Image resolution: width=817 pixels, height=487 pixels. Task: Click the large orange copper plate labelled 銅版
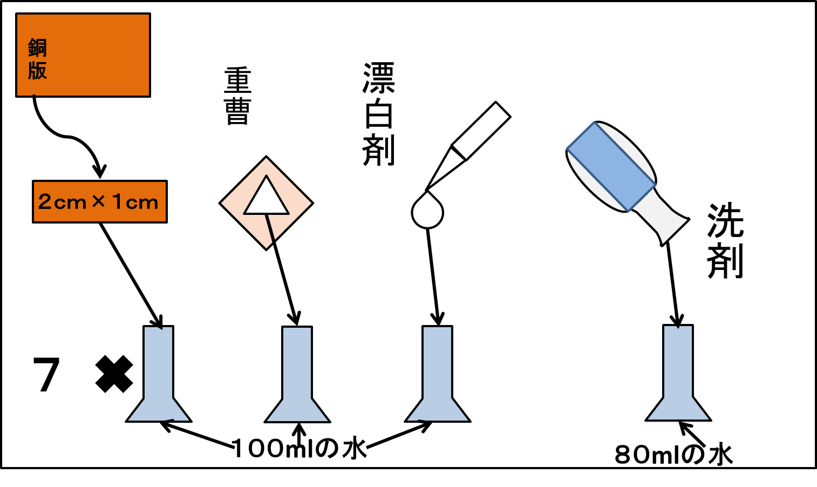pos(83,55)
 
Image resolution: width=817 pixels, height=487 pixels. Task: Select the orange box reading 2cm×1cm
pos(100,202)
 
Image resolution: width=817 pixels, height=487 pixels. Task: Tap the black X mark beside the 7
pos(114,374)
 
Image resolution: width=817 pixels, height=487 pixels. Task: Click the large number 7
pos(46,375)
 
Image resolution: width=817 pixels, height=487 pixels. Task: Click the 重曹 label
pos(238,96)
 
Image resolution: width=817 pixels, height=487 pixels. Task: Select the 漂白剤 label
pos(379,114)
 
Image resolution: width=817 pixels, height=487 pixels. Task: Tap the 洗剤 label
pos(725,241)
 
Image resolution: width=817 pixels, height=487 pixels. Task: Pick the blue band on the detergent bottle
pos(611,166)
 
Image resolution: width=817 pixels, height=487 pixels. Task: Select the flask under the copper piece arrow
pos(159,374)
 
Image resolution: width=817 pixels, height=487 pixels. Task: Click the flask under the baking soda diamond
pos(297,374)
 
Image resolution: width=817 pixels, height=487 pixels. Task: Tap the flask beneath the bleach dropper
pos(438,374)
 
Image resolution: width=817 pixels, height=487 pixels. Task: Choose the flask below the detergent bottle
pos(678,373)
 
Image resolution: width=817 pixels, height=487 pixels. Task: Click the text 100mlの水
pos(299,449)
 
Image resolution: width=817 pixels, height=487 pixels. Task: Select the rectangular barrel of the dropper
pos(481,131)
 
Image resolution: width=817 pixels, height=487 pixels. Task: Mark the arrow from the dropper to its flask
pos(433,276)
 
